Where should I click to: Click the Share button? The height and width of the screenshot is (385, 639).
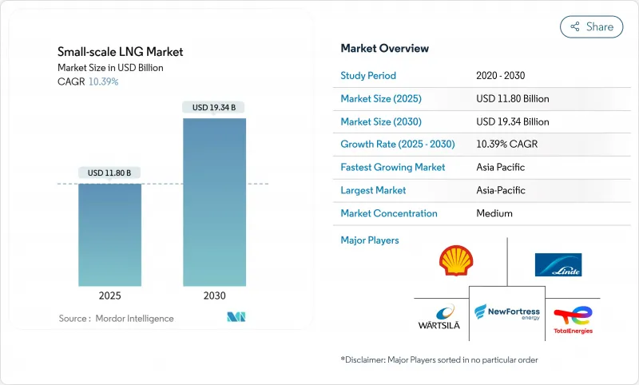coord(592,26)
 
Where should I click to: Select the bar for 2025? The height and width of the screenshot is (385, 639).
coord(110,235)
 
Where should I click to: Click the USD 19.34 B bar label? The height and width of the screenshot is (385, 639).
coord(214,107)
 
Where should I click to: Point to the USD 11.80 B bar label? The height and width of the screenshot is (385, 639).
coord(110,173)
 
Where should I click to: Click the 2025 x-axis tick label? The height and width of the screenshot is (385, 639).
coord(110,295)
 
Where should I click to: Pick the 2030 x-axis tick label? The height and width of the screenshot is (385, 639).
coord(214,295)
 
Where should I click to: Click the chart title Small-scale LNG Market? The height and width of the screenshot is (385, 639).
coord(120,52)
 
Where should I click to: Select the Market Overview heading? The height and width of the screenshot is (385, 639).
coord(384,49)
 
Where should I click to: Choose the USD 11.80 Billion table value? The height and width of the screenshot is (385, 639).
coord(512,99)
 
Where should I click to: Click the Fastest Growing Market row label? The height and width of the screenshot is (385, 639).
coord(393,168)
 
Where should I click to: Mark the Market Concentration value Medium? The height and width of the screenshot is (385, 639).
coord(494,213)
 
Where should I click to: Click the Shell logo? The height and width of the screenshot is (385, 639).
coord(456,261)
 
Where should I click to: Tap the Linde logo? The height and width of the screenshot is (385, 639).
coord(558,264)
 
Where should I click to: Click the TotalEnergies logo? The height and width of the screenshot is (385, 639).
coord(573,319)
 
